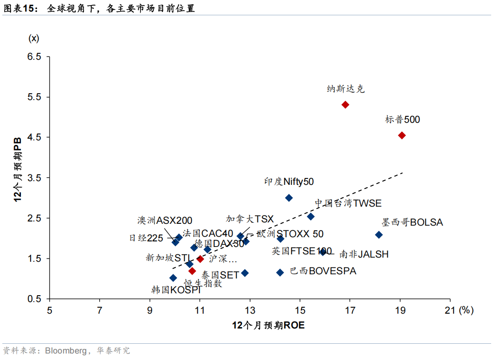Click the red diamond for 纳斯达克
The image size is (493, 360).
pos(345,105)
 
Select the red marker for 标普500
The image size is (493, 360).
pos(402,135)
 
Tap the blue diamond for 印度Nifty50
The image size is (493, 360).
pos(288,198)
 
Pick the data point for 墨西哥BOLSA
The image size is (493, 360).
pos(378,235)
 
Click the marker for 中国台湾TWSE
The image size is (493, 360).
pos(311,216)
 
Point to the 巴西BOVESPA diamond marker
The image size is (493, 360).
pos(280,272)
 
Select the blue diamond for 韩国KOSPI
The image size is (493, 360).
pos(173,278)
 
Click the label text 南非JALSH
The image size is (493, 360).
pos(364,254)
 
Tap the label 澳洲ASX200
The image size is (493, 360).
pos(164,220)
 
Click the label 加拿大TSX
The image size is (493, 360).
pos(250,219)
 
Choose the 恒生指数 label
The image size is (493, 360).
pos(203,284)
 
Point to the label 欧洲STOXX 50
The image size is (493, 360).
pos(290,234)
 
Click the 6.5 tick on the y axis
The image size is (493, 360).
pos(34,57)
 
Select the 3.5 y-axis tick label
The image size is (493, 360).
pos(34,178)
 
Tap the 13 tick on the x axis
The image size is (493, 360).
pos(250,310)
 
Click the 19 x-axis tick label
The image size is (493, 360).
pos(400,310)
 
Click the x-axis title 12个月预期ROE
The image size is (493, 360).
pos(269,325)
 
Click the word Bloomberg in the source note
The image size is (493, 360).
pos(65,350)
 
